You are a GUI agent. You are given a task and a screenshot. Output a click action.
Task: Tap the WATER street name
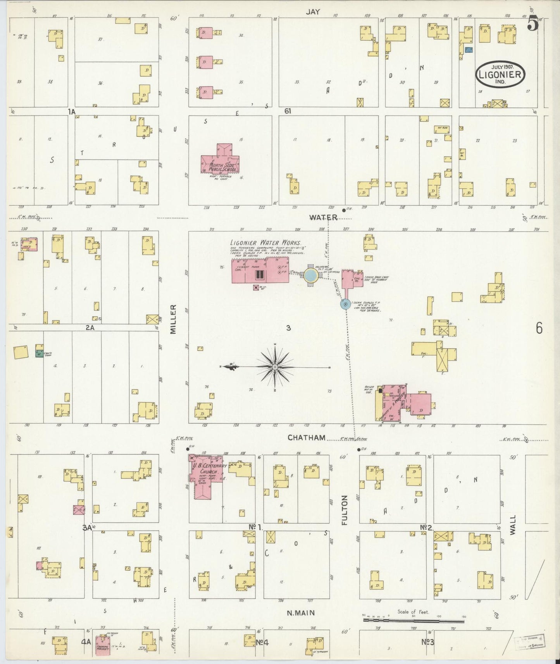(323, 218)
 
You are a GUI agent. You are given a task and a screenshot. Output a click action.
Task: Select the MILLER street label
(173, 319)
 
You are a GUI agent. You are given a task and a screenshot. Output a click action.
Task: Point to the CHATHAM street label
(306, 437)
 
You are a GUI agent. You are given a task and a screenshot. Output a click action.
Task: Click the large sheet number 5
(532, 24)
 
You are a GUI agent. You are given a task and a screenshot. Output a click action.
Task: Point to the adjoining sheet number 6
(539, 328)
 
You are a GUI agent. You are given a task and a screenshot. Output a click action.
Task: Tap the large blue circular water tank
(311, 275)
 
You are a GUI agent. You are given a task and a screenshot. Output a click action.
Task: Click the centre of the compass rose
(275, 366)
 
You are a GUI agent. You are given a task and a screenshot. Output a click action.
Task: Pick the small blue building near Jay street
(469, 50)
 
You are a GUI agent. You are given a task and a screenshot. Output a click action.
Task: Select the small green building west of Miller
(39, 353)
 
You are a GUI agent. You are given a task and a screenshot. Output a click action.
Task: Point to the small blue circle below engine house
(345, 304)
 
